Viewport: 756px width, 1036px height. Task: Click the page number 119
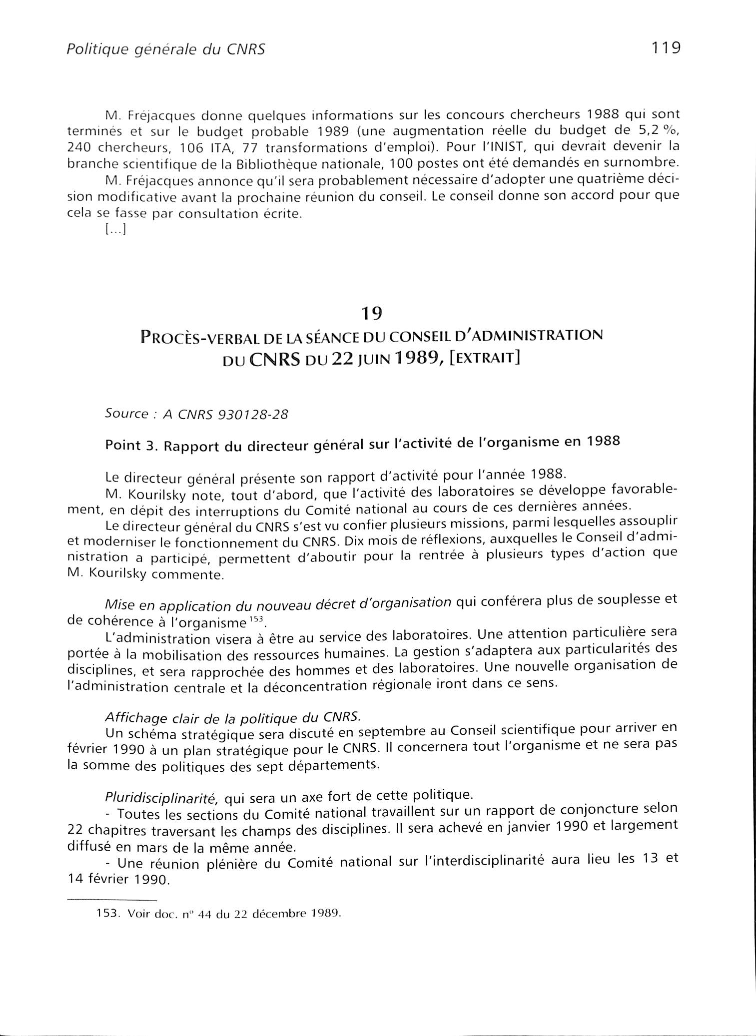[x=666, y=48]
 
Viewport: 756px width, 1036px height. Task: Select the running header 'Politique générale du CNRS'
[x=165, y=50]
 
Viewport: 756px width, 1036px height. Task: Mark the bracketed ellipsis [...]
[x=115, y=230]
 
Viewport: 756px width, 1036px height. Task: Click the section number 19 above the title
[x=372, y=313]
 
